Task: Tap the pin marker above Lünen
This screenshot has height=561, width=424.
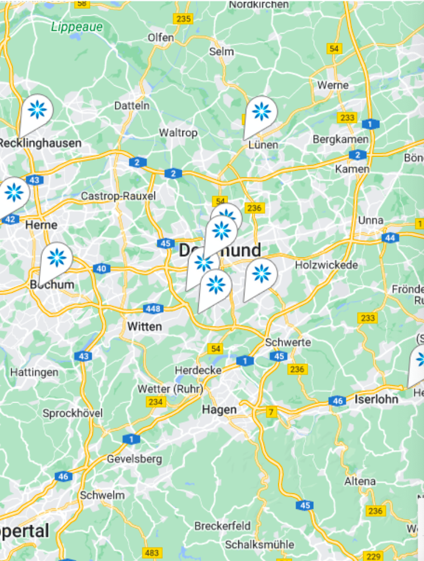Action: click(x=261, y=113)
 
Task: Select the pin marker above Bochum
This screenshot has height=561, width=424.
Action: click(x=56, y=259)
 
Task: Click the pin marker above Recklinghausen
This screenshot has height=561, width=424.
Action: click(x=37, y=110)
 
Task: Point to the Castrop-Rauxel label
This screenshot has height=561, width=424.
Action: click(x=118, y=196)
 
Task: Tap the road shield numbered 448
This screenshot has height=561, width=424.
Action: click(x=153, y=308)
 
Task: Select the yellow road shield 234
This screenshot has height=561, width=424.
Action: click(x=156, y=401)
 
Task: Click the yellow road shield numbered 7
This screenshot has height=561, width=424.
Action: click(x=272, y=412)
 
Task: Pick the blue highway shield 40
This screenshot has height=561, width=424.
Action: click(x=101, y=269)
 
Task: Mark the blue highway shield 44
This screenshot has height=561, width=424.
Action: click(x=390, y=238)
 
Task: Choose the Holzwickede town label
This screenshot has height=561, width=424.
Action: click(x=327, y=265)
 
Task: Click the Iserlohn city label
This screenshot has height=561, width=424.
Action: click(x=376, y=399)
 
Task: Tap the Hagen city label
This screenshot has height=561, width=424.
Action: click(x=219, y=409)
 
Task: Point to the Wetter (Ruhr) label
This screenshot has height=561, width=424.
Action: click(x=171, y=389)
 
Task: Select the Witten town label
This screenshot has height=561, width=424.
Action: click(x=144, y=326)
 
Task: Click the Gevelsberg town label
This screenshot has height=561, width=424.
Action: click(x=135, y=459)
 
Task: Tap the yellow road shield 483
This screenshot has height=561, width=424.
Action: click(x=152, y=553)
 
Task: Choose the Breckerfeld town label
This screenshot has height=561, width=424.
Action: click(x=223, y=526)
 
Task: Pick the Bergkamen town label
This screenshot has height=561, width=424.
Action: click(x=341, y=139)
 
